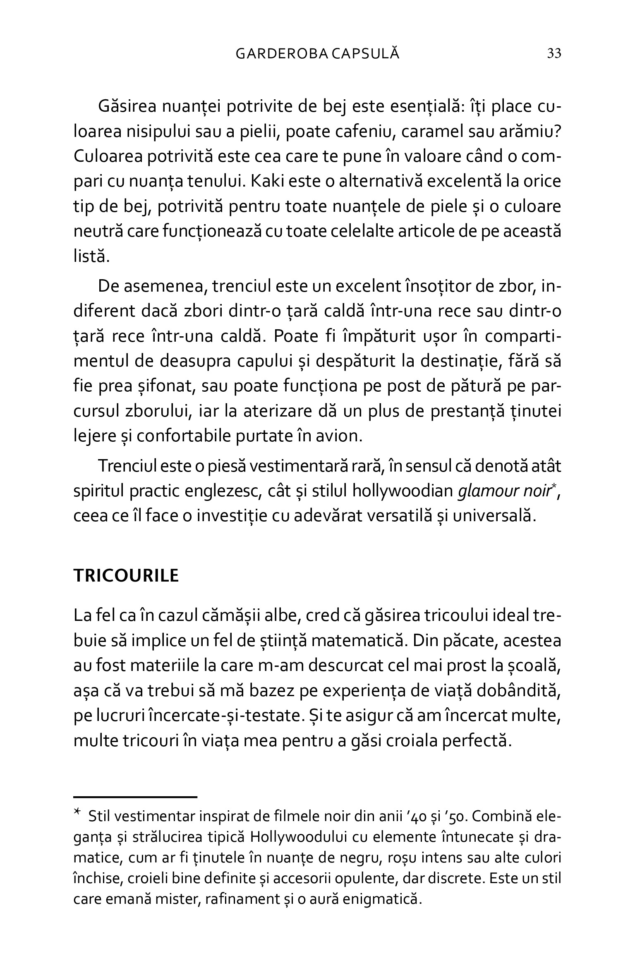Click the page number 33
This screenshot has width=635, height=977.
coord(554,54)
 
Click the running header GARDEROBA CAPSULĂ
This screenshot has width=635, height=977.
coord(317,54)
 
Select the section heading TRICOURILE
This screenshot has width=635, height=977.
coord(126,576)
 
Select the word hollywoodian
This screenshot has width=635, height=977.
coord(403,491)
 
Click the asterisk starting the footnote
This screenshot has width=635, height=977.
coord(77,813)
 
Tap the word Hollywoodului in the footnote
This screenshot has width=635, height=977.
coord(298,837)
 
